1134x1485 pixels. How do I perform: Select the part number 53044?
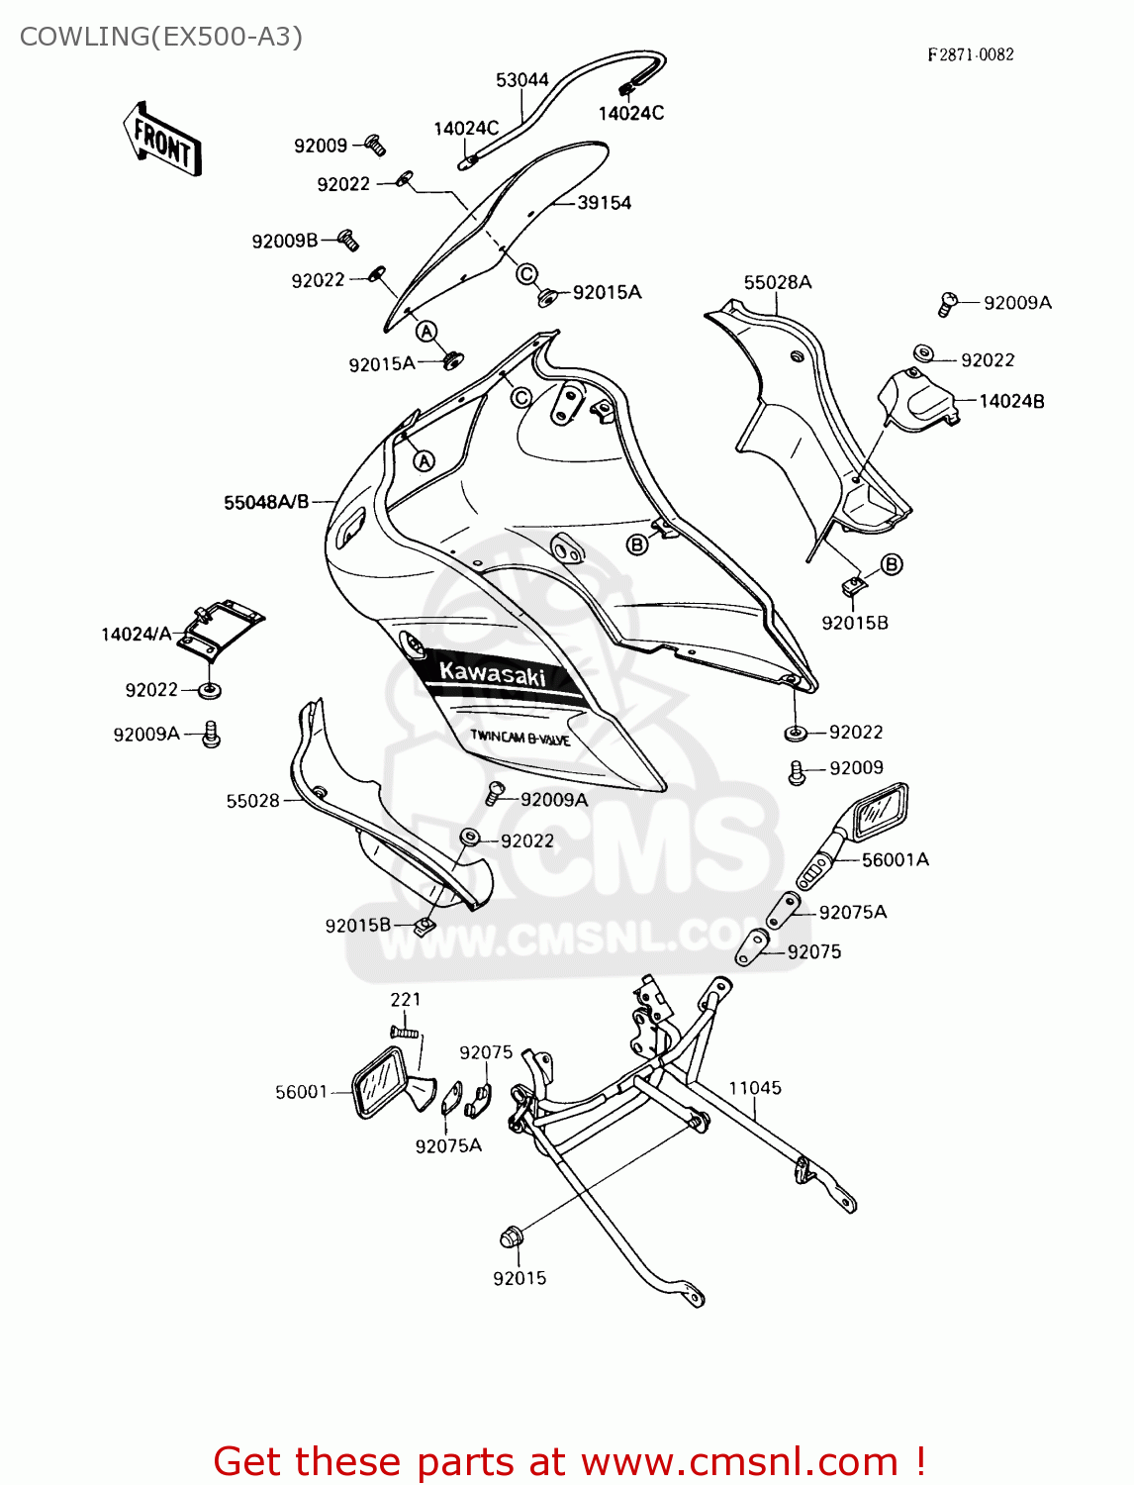521,80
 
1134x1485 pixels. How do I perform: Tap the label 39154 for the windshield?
604,203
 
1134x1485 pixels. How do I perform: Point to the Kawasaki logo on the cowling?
492,673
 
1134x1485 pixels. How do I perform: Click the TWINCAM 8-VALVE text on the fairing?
520,738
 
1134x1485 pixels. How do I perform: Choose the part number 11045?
755,1088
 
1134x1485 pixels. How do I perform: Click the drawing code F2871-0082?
970,55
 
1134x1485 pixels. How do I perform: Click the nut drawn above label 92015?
511,1237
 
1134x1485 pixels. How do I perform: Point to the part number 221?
406,1000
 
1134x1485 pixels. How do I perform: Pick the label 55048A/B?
266,503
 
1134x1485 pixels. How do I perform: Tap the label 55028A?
778,283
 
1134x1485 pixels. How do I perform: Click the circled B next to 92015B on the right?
892,564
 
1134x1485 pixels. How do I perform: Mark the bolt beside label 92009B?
347,239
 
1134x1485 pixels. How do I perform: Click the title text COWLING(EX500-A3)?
161,37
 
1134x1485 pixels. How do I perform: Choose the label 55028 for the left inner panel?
252,801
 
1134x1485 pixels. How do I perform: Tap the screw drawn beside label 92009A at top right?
947,303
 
